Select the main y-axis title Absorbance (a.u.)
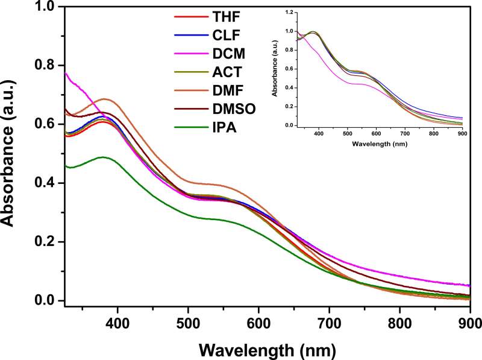[x=11, y=154]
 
